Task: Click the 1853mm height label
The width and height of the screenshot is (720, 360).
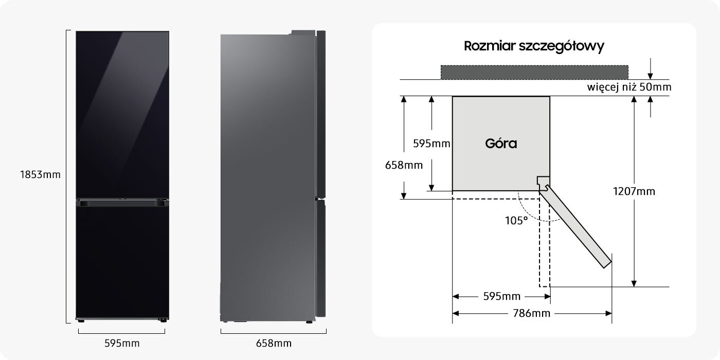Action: tap(40, 174)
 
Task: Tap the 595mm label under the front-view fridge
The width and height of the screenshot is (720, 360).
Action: tap(122, 344)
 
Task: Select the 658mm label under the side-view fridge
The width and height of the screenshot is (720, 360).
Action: tap(274, 344)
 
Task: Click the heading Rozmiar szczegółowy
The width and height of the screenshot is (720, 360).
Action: tap(534, 46)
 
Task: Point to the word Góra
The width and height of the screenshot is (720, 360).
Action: tap(501, 143)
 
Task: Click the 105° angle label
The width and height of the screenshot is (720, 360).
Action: tap(516, 221)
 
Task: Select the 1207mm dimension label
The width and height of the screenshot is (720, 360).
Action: tap(634, 191)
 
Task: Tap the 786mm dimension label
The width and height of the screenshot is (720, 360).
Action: tap(532, 313)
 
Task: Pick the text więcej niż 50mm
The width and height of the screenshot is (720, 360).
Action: tap(629, 87)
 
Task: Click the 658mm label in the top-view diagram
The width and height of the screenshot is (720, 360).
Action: tap(404, 165)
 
